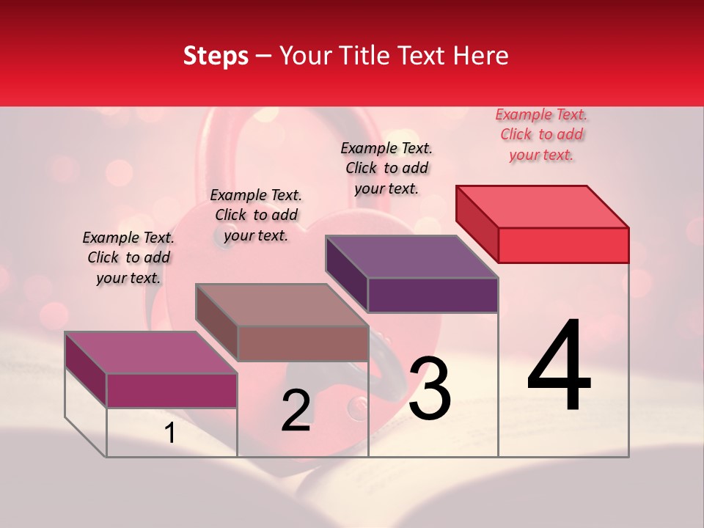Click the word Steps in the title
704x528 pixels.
[x=216, y=56]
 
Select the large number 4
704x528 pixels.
[x=559, y=367]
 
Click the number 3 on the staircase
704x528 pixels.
[x=430, y=389]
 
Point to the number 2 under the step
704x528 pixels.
[x=296, y=411]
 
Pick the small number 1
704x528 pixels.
[x=170, y=433]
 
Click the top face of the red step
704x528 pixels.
[x=543, y=206]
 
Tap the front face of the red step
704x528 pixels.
[x=563, y=245]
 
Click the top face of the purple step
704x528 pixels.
[x=412, y=257]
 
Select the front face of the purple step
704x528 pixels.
[x=433, y=296]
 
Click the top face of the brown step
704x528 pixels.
[x=282, y=305]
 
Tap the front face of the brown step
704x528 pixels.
[x=302, y=343]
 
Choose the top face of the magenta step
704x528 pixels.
[x=151, y=353]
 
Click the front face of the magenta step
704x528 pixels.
[x=172, y=391]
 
